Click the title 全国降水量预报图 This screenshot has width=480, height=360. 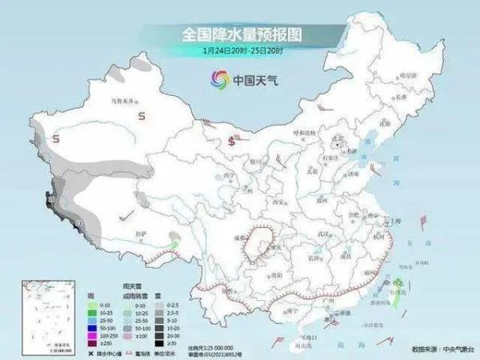240,34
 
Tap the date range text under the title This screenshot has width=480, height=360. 240,50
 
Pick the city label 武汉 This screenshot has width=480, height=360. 322,233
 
